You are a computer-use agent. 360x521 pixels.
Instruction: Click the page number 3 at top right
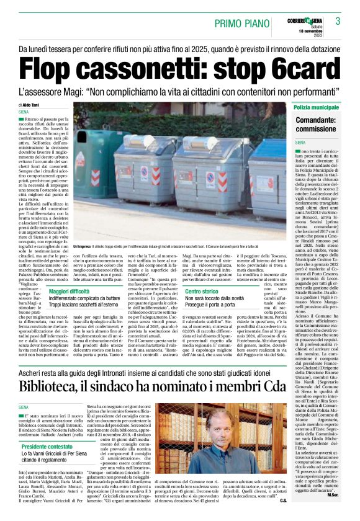(338, 21)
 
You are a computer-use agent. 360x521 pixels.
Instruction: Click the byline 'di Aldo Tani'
(30, 105)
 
